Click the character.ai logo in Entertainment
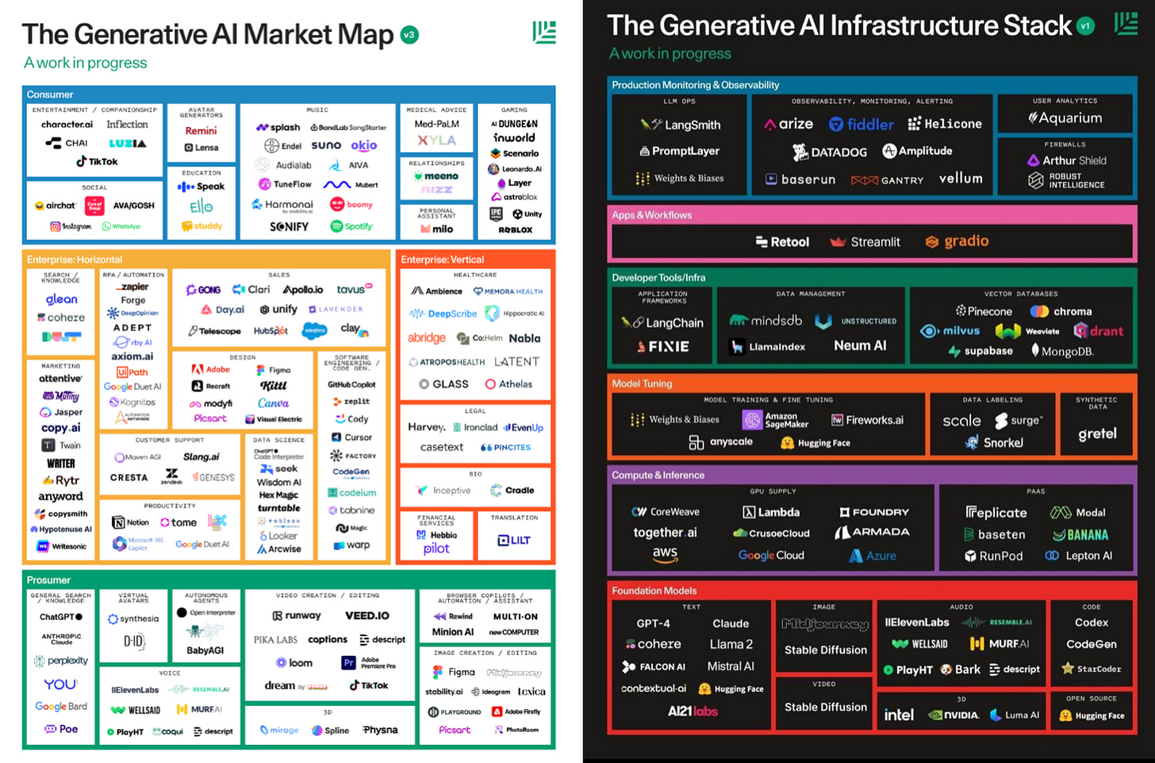67,125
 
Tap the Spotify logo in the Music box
351,226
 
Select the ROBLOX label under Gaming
515,229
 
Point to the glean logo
61,299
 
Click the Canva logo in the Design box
273,403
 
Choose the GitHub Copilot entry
351,384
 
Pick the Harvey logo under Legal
427,427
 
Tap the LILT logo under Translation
513,541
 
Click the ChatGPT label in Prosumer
60,617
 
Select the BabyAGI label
205,650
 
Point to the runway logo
297,615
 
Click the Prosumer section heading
48,580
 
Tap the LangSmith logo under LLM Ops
681,125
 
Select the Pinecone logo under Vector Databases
984,311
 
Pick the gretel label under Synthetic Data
1097,434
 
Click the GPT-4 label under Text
653,623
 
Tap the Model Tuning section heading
642,383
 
